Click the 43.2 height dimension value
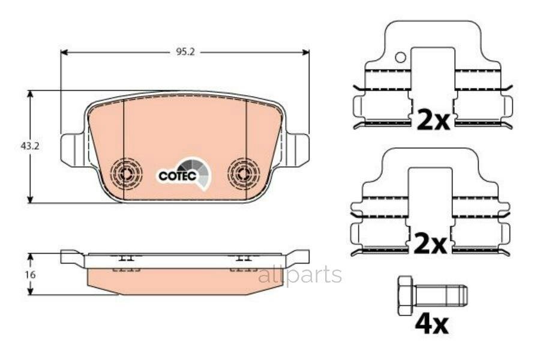point(18,146)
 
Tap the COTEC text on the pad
point(175,176)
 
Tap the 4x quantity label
point(431,325)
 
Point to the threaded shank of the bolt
point(441,294)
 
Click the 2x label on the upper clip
point(433,121)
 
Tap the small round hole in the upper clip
point(400,58)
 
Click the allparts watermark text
point(300,275)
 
